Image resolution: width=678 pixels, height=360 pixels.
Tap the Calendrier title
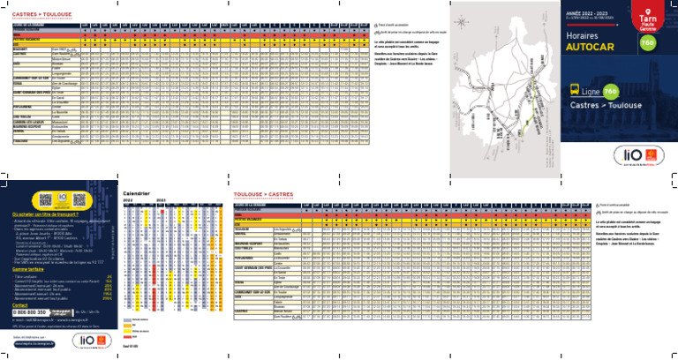(137, 192)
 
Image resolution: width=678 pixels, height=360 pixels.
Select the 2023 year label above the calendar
(161, 199)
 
